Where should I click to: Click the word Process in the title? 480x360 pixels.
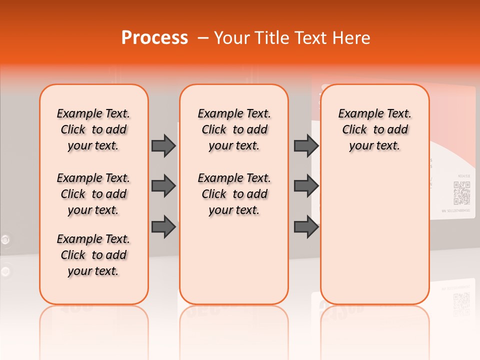154,37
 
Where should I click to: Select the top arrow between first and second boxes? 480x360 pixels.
163,145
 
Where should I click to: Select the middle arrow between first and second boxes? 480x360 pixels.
163,186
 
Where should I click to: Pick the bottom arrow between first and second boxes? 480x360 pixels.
163,227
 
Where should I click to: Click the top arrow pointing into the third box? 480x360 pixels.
306,145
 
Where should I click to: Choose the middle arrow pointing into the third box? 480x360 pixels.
306,186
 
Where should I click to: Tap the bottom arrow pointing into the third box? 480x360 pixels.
306,227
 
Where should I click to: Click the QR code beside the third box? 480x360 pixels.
461,193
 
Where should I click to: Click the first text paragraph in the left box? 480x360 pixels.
93,129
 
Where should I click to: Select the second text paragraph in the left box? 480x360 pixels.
93,194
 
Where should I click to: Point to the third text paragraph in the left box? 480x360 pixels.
93,255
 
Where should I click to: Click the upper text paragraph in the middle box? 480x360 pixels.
234,129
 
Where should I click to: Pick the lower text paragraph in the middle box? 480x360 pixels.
234,194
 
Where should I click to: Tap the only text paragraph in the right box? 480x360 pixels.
375,129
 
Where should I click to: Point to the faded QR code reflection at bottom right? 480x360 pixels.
461,304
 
